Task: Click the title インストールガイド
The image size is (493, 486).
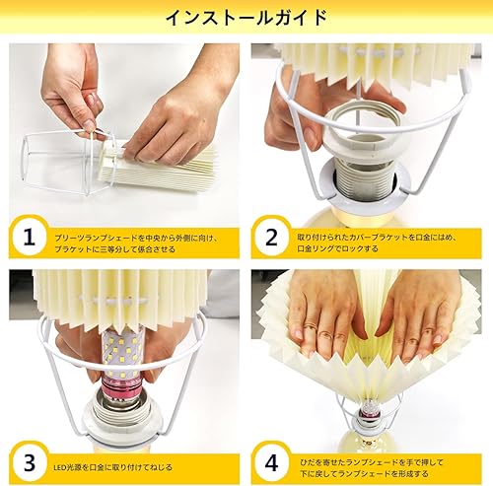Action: tap(246, 18)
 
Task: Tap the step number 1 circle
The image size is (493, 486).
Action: tap(30, 238)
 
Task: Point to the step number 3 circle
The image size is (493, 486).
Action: tap(30, 460)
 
